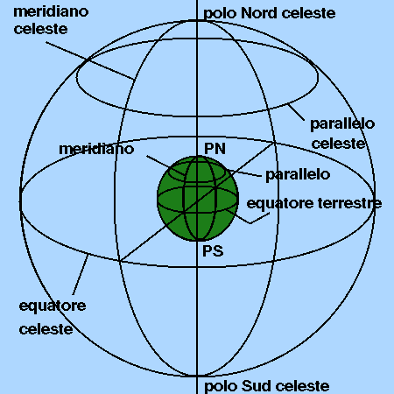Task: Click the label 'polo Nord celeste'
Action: click(x=269, y=13)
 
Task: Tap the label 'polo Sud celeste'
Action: click(x=266, y=386)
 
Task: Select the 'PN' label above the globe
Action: click(x=215, y=148)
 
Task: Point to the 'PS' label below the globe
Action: click(x=213, y=251)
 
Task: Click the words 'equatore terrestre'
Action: click(x=314, y=203)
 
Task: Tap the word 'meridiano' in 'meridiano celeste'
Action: click(x=51, y=11)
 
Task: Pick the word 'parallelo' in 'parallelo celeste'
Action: click(x=342, y=124)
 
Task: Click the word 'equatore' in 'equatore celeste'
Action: click(x=53, y=306)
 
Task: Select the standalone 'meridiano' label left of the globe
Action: click(x=96, y=149)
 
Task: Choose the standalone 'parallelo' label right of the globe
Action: click(x=298, y=174)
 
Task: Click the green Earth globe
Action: click(x=198, y=199)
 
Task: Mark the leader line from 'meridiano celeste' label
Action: click(x=90, y=60)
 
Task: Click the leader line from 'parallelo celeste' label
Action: click(x=296, y=112)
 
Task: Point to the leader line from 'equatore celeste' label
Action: click(x=81, y=275)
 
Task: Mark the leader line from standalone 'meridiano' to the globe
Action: click(x=165, y=165)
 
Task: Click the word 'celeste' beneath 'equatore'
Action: click(x=46, y=329)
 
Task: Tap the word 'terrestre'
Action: click(x=349, y=203)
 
